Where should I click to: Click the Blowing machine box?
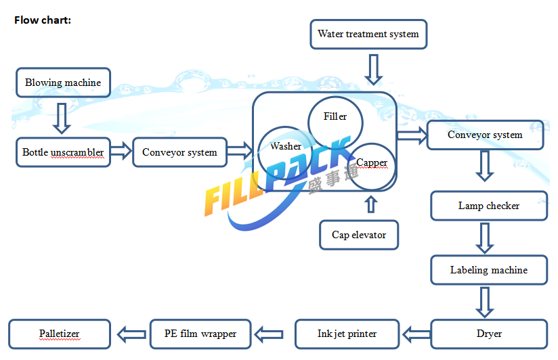pyautogui.click(x=64, y=83)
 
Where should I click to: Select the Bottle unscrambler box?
pyautogui.click(x=64, y=152)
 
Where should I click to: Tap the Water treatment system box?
pyautogui.click(x=368, y=34)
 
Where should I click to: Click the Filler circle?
pyautogui.click(x=335, y=122)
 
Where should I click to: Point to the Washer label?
pyautogui.click(x=286, y=146)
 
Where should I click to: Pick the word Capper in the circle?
pyautogui.click(x=372, y=162)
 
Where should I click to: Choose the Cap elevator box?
pyautogui.click(x=359, y=235)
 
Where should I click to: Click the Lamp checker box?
pyautogui.click(x=489, y=206)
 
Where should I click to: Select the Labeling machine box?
pyautogui.click(x=489, y=270)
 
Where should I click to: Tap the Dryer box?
pyautogui.click(x=489, y=334)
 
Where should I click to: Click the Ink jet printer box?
pyautogui.click(x=347, y=334)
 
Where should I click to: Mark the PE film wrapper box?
pyautogui.click(x=200, y=334)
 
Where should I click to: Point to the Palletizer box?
pyautogui.click(x=60, y=334)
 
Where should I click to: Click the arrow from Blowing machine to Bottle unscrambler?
pyautogui.click(x=62, y=118)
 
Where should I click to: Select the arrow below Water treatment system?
pyautogui.click(x=373, y=70)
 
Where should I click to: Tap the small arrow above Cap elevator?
pyautogui.click(x=371, y=204)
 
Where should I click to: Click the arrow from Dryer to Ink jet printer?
pyautogui.click(x=416, y=334)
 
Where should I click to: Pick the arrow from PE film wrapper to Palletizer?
pyautogui.click(x=131, y=334)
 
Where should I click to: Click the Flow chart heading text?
pyautogui.click(x=43, y=20)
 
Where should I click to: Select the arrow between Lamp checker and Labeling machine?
pyautogui.click(x=484, y=238)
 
